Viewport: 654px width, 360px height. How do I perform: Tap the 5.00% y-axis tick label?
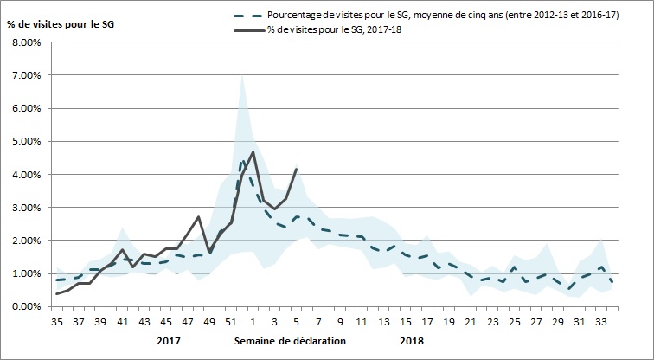click(x=26, y=141)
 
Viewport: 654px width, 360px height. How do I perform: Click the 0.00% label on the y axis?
click(x=26, y=306)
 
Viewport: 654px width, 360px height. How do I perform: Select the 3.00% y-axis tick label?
click(x=26, y=208)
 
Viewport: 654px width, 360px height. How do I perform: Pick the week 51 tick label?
click(x=233, y=322)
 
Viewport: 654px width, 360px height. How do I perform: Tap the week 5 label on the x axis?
click(x=297, y=322)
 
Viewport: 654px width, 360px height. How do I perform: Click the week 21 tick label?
click(x=470, y=322)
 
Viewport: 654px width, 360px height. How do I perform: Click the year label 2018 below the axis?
click(x=413, y=340)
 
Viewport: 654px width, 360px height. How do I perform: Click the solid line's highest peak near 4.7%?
click(x=253, y=151)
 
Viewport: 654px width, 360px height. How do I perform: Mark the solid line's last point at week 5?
click(x=297, y=169)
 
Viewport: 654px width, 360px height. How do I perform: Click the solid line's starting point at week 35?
click(x=58, y=294)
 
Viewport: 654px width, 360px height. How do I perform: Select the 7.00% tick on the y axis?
click(x=26, y=75)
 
